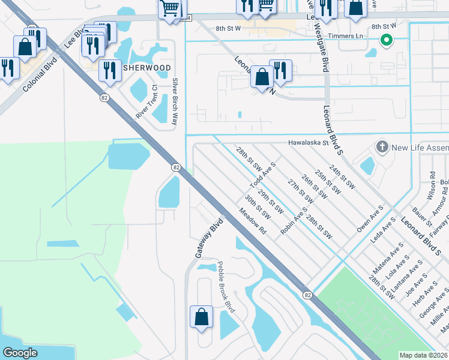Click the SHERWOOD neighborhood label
point(147,68)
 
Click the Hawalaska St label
point(309,143)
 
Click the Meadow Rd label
point(252,221)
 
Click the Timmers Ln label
point(352,36)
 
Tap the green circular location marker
point(387,41)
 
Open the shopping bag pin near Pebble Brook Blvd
point(201,316)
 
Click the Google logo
point(20,353)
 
